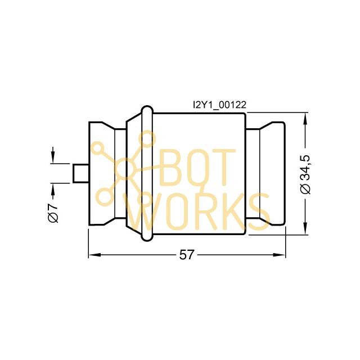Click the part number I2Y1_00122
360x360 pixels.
219,104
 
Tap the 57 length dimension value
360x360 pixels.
186,255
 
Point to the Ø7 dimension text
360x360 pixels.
53,212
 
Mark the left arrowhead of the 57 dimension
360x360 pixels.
93,255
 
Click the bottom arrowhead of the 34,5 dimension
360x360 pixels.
305,229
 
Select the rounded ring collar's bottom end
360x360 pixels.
147,240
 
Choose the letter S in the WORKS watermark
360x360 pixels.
258,211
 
